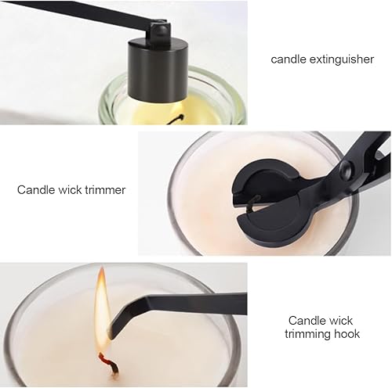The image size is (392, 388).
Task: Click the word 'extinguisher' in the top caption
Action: point(342,59)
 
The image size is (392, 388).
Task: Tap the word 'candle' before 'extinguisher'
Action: point(289,59)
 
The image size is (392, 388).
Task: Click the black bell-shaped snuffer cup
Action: point(158,69)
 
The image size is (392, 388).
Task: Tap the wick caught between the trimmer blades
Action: point(253,202)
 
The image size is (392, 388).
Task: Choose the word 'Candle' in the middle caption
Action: point(35,189)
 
